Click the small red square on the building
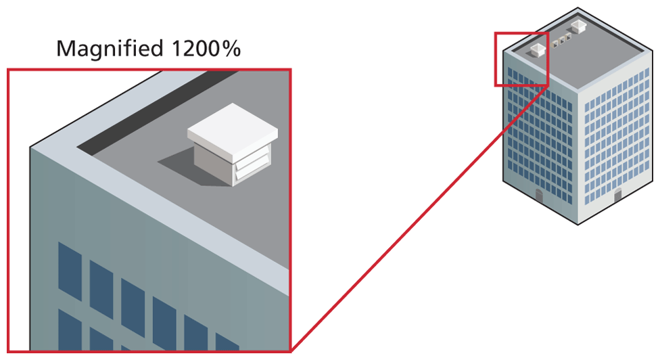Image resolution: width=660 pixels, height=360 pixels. (x=521, y=59)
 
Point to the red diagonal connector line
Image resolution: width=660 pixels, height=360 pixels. (x=419, y=217)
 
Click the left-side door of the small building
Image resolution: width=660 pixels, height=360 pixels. (x=539, y=197)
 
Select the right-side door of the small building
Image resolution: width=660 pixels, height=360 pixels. (x=617, y=196)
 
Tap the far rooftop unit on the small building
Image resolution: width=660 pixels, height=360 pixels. (x=580, y=26)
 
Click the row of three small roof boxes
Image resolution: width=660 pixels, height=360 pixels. (x=561, y=42)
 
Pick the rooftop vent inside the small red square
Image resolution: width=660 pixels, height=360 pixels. (x=537, y=49)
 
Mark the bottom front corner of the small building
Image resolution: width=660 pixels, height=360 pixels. (x=577, y=224)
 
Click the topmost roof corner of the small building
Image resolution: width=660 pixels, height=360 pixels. (x=577, y=8)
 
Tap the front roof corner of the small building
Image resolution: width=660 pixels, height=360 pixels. (x=577, y=92)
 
